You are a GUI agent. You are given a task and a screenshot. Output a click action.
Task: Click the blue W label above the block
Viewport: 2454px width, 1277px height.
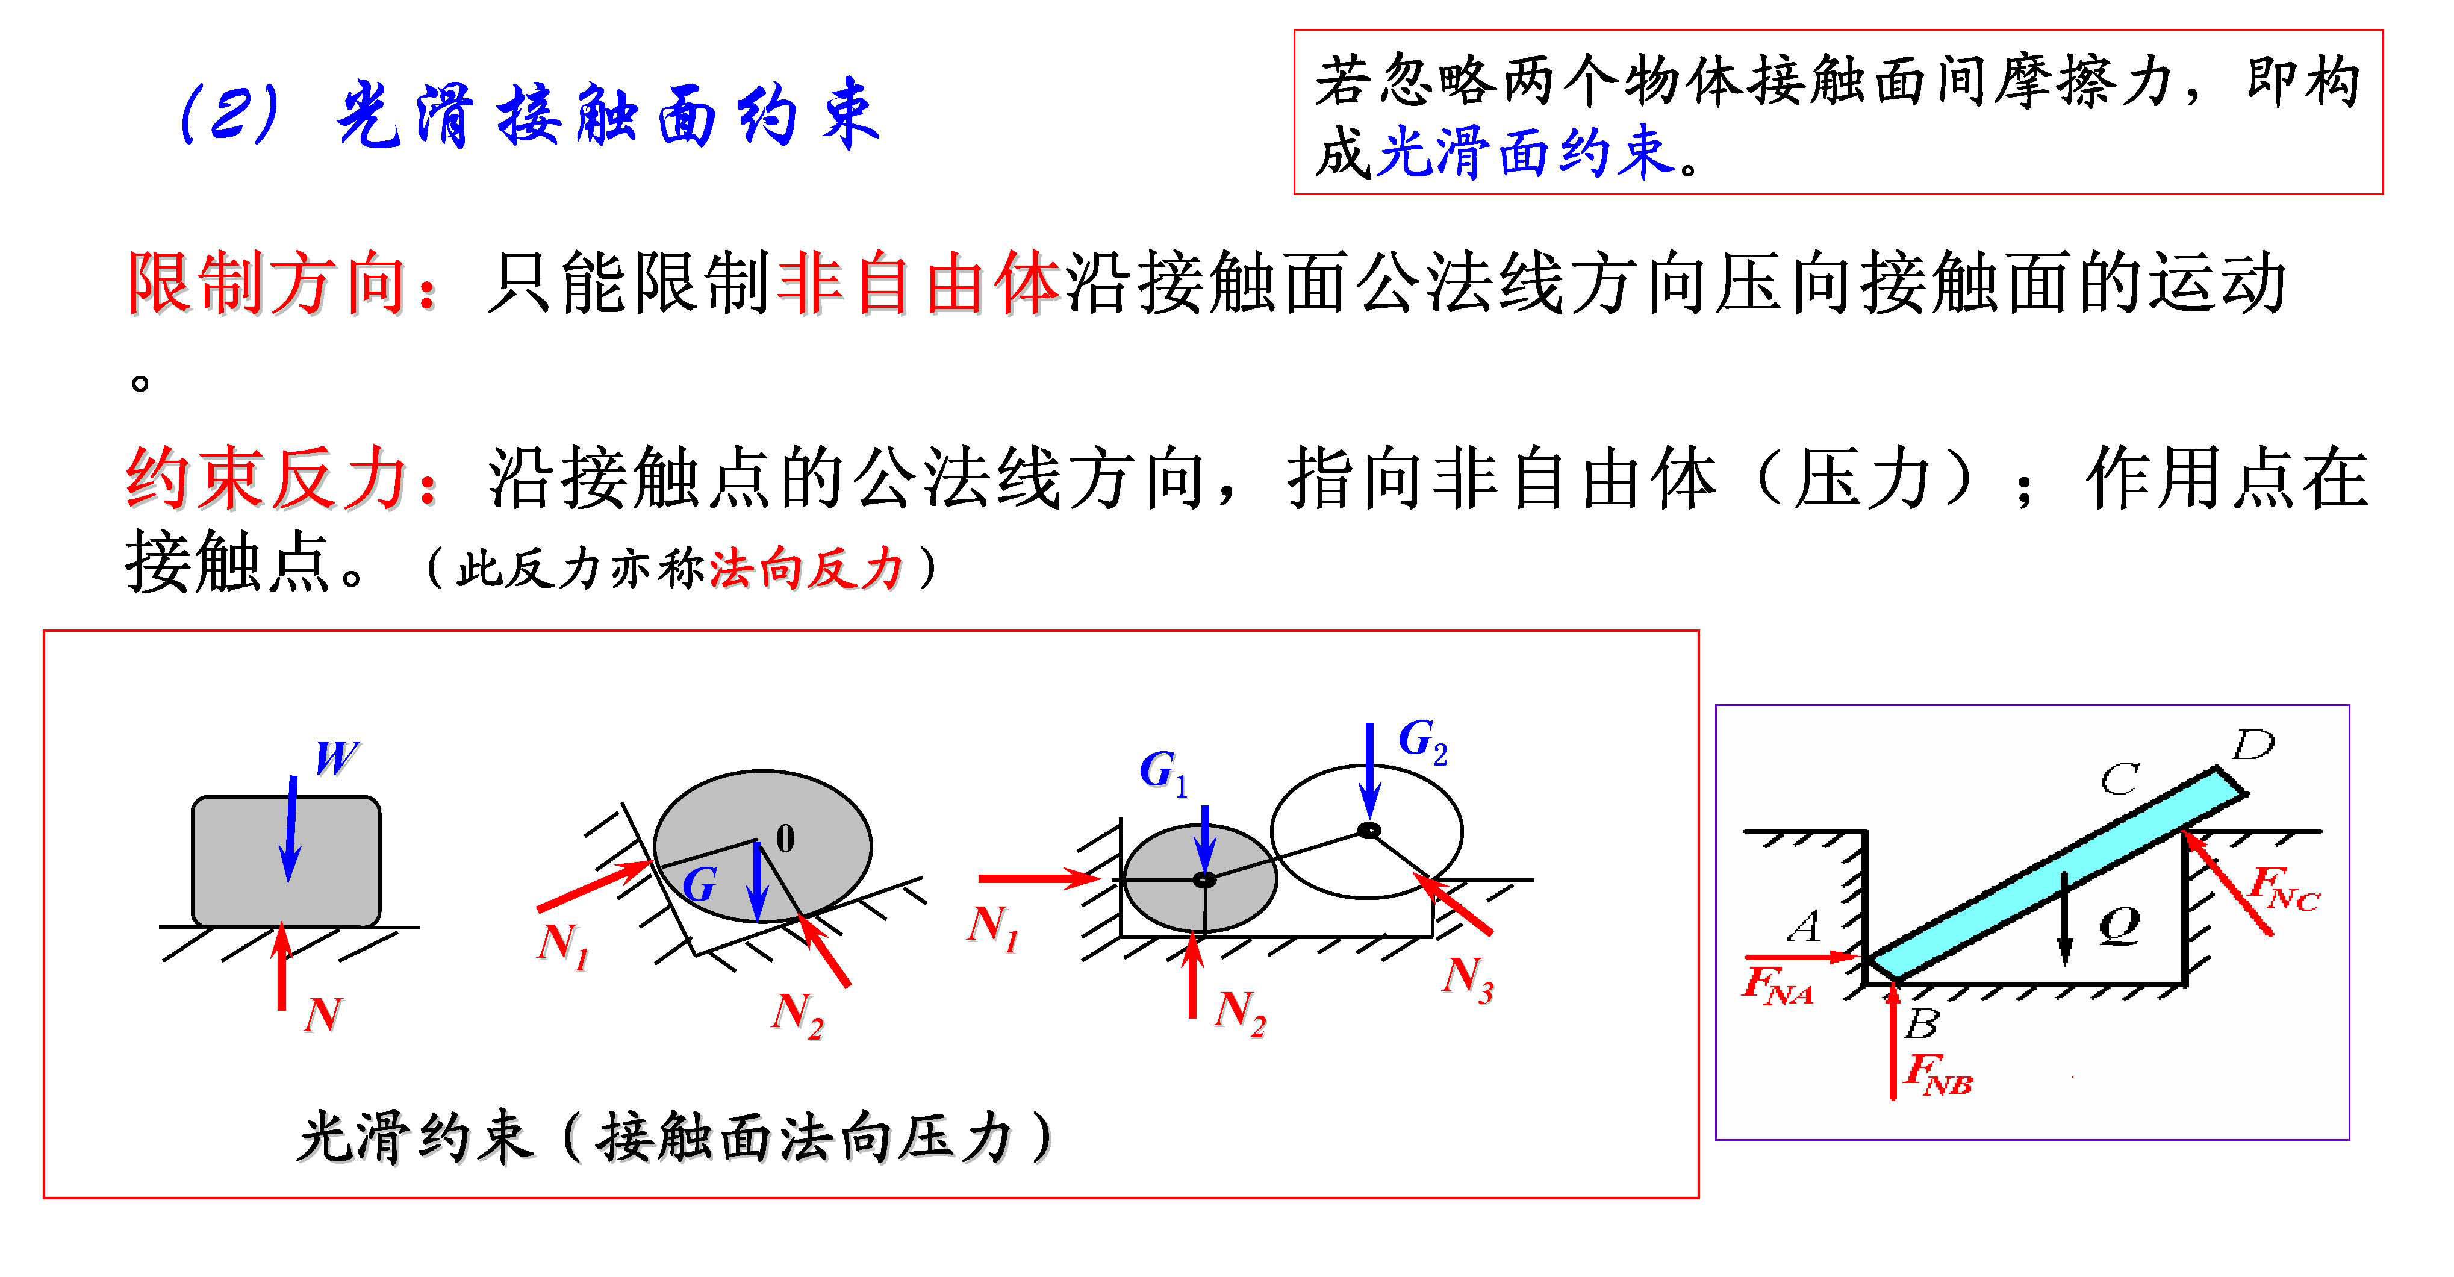pyautogui.click(x=336, y=758)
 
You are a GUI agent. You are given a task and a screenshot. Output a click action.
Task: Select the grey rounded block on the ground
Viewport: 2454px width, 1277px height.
pyautogui.click(x=286, y=861)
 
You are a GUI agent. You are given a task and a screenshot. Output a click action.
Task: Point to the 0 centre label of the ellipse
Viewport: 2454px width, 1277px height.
pyautogui.click(x=785, y=838)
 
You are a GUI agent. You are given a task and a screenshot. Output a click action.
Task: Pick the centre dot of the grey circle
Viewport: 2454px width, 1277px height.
pyautogui.click(x=1204, y=879)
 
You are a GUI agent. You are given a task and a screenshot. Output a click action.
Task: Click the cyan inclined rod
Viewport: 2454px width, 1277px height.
pyautogui.click(x=2048, y=877)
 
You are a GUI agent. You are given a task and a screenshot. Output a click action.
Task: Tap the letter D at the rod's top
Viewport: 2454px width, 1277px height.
pyautogui.click(x=2253, y=745)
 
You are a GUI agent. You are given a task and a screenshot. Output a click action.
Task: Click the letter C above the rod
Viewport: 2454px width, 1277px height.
pyautogui.click(x=2120, y=779)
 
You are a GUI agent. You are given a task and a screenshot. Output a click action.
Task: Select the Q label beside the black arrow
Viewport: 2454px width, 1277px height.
pyautogui.click(x=2120, y=925)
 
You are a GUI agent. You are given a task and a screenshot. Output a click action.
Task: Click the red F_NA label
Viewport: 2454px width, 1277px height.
pyautogui.click(x=1777, y=985)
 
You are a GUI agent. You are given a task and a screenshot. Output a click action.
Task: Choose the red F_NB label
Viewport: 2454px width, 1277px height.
pyautogui.click(x=1938, y=1073)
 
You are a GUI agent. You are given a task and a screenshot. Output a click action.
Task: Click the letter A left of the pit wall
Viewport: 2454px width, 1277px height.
pyautogui.click(x=1804, y=925)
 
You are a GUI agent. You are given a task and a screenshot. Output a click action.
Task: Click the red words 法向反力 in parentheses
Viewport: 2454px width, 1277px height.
pyautogui.click(x=806, y=570)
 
